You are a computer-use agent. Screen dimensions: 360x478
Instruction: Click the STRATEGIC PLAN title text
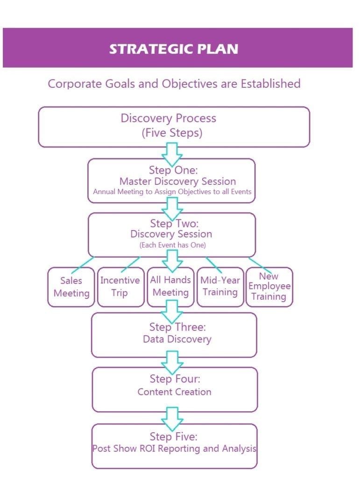point(174,49)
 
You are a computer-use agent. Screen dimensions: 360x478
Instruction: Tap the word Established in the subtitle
point(271,84)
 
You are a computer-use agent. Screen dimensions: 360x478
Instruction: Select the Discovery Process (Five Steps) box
point(174,127)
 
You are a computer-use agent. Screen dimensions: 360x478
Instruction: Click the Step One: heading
point(173,169)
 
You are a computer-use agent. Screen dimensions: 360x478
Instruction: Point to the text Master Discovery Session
point(177,182)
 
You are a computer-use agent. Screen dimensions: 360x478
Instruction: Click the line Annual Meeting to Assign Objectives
point(172,192)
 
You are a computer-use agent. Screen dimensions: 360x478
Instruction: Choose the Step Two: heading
point(174,224)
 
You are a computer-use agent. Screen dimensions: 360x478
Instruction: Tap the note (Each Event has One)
point(173,245)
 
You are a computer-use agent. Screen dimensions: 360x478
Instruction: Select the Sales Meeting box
point(71,287)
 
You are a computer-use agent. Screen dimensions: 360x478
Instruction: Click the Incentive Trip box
point(121,287)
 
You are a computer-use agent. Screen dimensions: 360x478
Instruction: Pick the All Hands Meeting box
point(171,287)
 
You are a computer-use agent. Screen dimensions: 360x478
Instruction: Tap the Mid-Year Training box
point(220,287)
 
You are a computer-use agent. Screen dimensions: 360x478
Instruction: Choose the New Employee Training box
point(269,287)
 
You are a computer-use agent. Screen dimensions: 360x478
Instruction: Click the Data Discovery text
point(177,339)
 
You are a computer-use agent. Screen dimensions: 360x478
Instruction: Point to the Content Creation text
point(174,392)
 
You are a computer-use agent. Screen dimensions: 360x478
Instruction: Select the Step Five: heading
point(173,436)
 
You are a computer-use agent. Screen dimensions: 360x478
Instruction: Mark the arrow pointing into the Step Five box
point(172,419)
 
